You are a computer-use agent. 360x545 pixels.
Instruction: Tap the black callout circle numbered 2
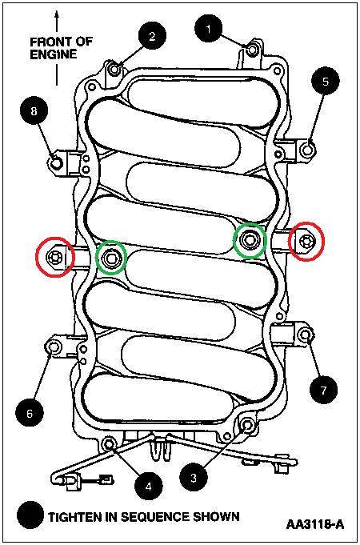tap(153, 35)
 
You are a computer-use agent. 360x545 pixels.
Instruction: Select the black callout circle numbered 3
tap(192, 478)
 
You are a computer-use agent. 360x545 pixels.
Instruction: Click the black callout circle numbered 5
tap(325, 82)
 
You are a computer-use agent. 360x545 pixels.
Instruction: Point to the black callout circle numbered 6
tap(30, 413)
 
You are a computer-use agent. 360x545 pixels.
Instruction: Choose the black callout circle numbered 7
tap(324, 391)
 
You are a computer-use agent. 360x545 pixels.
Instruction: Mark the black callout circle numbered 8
tap(34, 113)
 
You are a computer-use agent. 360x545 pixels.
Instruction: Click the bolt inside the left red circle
tap(55, 257)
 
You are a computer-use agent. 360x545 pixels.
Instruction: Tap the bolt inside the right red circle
tap(306, 241)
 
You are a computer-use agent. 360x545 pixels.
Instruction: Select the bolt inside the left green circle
tap(111, 257)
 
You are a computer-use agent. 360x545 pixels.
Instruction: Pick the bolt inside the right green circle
tap(250, 239)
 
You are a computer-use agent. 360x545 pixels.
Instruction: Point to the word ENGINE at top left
tap(53, 54)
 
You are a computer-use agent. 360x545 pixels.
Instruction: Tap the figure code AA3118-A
tap(315, 526)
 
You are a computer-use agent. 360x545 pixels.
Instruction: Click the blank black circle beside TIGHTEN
tap(32, 515)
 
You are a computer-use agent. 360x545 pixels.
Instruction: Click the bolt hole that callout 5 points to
tap(308, 147)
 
